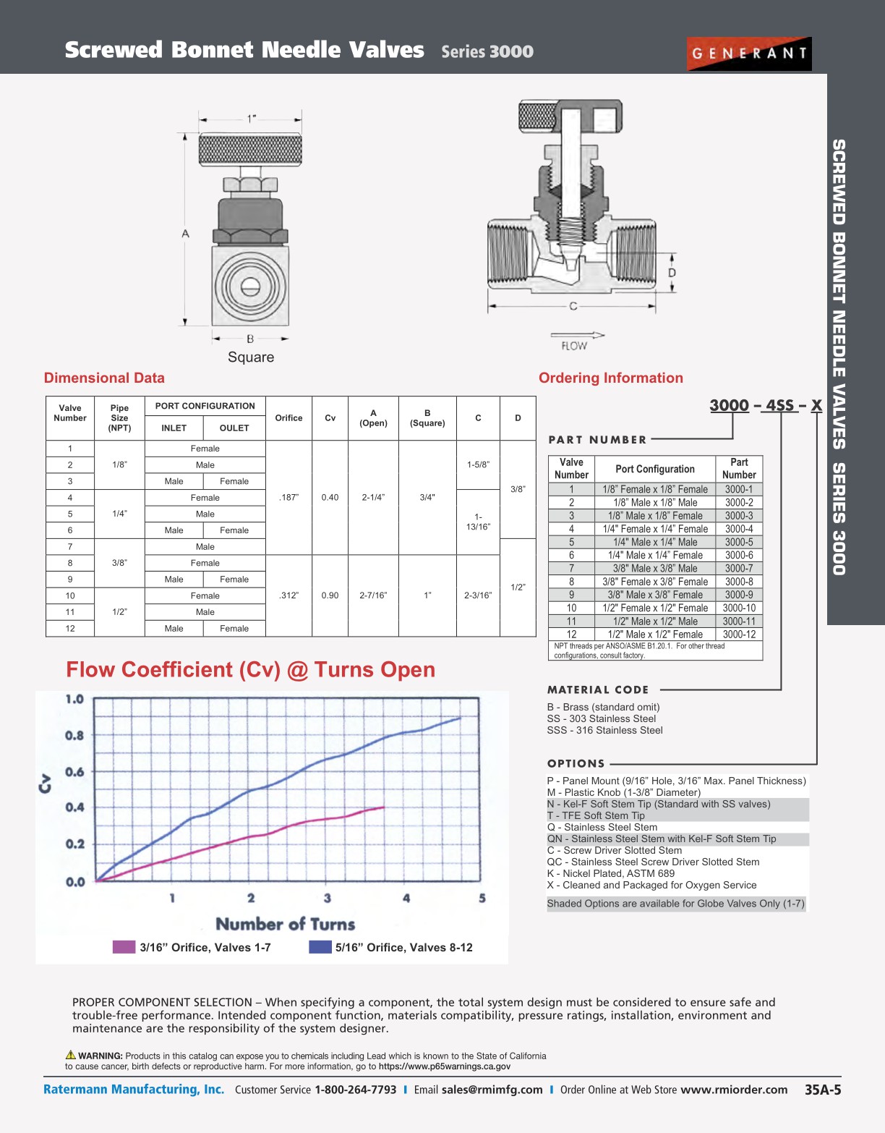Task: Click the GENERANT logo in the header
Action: pyautogui.click(x=748, y=54)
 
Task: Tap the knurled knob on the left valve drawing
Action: pyautogui.click(x=250, y=150)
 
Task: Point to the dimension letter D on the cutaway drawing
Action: pyautogui.click(x=672, y=273)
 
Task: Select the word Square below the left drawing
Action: pyautogui.click(x=251, y=357)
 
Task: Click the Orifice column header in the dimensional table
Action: pyautogui.click(x=288, y=418)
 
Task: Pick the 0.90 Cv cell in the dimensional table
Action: pyautogui.click(x=330, y=595)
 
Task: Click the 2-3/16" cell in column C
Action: pyautogui.click(x=478, y=595)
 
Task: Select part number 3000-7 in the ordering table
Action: pyautogui.click(x=739, y=569)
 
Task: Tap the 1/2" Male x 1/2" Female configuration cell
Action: pyautogui.click(x=655, y=635)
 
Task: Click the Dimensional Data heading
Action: pyautogui.click(x=104, y=378)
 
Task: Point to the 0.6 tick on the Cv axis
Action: pyautogui.click(x=74, y=772)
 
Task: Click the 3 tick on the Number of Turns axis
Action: pyautogui.click(x=328, y=898)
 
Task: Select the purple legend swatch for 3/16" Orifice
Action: pyautogui.click(x=124, y=947)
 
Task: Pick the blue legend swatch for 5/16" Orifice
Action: pyautogui.click(x=320, y=947)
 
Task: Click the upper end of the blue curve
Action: pyautogui.click(x=460, y=718)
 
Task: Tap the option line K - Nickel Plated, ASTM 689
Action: pyautogui.click(x=610, y=873)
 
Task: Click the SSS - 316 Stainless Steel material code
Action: pyautogui.click(x=604, y=730)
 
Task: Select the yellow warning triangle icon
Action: pyautogui.click(x=71, y=1055)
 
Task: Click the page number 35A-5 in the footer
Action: pyautogui.click(x=823, y=1090)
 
